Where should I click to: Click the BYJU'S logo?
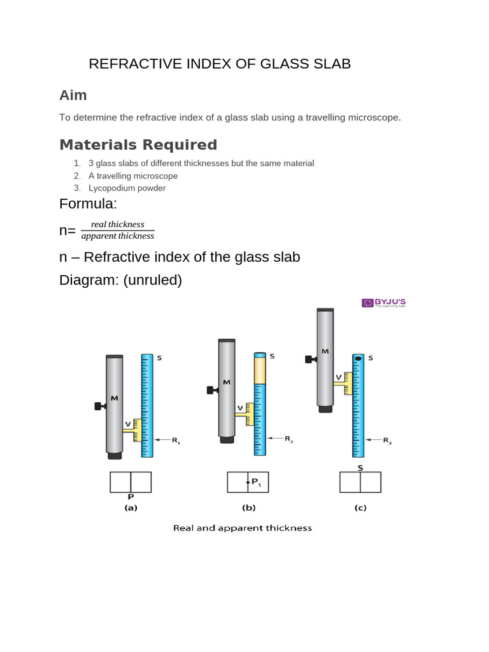383,302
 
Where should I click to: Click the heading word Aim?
73,96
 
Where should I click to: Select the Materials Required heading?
138,145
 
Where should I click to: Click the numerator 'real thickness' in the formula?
118,224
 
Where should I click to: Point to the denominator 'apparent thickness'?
118,236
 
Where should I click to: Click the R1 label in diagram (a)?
176,440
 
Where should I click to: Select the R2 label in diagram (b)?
288,439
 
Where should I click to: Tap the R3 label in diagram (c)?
387,440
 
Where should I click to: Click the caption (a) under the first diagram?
131,508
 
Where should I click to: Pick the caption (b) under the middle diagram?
248,508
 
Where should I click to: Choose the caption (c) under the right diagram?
360,508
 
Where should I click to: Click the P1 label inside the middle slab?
256,483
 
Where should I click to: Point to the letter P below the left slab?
131,497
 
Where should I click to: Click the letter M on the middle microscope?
226,383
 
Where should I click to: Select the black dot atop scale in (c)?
358,358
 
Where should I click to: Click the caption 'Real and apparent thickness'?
243,528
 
